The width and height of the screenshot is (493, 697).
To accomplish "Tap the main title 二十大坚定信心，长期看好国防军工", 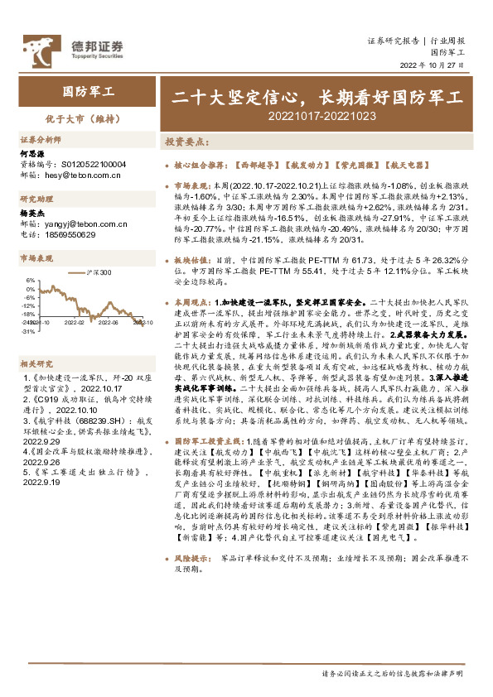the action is point(317,97).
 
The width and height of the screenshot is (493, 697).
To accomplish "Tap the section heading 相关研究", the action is point(37,340).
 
